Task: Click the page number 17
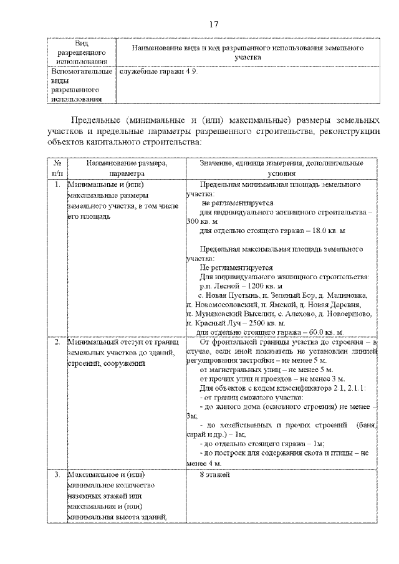[x=213, y=24]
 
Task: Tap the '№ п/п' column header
[x=57, y=167]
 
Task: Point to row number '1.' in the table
[x=57, y=185]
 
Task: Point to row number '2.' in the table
[x=57, y=343]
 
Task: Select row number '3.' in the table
[x=57, y=476]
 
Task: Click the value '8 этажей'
[x=215, y=476]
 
